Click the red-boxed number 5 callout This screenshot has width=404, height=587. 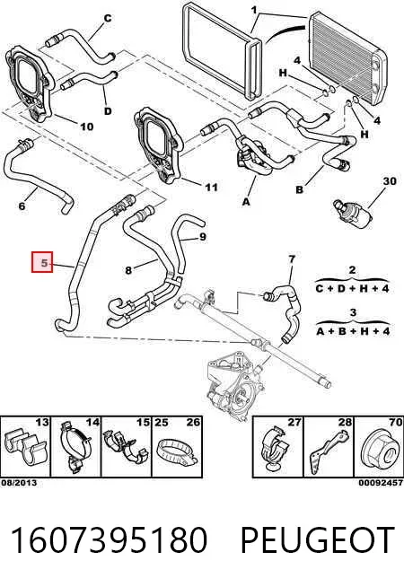(x=42, y=262)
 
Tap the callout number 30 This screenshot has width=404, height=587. (x=390, y=180)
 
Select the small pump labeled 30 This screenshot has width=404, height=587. (x=353, y=212)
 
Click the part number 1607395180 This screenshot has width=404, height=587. (x=109, y=540)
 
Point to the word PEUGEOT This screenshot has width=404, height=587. (x=317, y=540)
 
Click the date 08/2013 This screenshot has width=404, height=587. (x=19, y=483)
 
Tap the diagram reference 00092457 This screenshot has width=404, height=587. (x=381, y=483)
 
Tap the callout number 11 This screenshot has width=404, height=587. (x=212, y=187)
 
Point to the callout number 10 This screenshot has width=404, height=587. (x=86, y=127)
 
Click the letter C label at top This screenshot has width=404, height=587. (x=108, y=18)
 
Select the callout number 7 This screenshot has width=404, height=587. (x=292, y=258)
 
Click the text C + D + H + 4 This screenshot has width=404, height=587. (x=352, y=288)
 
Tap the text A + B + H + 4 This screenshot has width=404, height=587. (x=353, y=331)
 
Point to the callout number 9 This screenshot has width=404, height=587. (x=203, y=237)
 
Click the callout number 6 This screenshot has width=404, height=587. (x=22, y=206)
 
